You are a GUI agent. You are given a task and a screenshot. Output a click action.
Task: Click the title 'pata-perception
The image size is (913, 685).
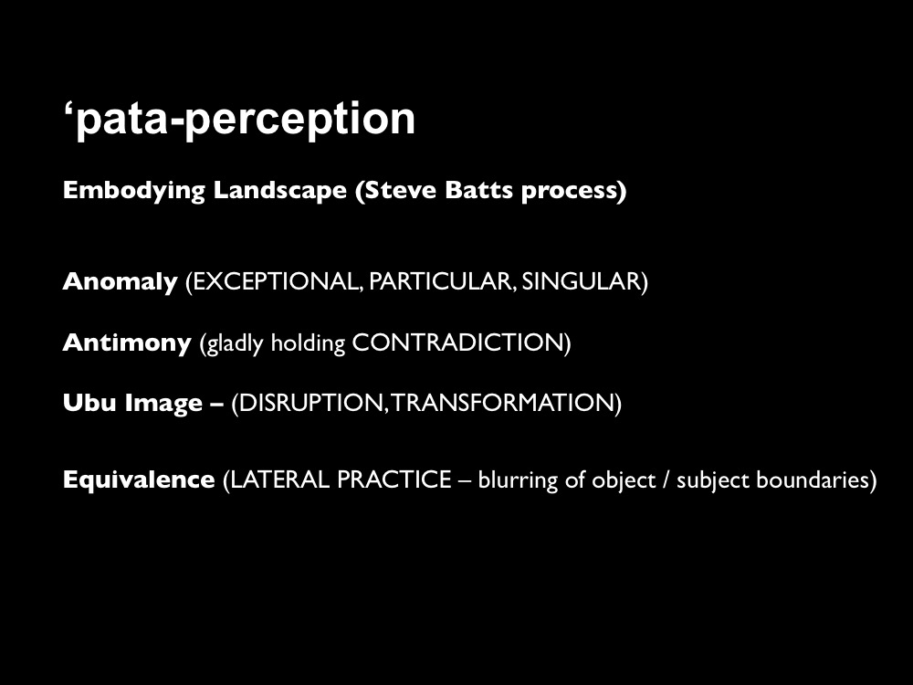pos(239,121)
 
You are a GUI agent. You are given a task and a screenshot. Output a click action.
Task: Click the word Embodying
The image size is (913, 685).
pos(134,191)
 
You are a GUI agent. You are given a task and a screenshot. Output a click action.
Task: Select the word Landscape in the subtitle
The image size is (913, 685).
pos(280,191)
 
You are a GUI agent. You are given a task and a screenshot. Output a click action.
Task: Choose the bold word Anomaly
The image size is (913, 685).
pos(120,282)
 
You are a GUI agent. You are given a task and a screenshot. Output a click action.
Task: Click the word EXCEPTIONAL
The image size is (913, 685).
pos(274,281)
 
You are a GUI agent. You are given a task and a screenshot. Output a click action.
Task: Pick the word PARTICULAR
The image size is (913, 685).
pos(441,281)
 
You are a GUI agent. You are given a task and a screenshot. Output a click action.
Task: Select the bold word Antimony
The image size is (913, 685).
pos(127,343)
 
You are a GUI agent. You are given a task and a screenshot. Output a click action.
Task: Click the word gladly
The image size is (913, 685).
pos(232,343)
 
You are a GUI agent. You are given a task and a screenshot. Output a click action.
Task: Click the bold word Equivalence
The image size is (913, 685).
pos(139,480)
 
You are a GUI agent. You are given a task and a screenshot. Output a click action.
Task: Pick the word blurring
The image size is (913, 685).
pos(518,480)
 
